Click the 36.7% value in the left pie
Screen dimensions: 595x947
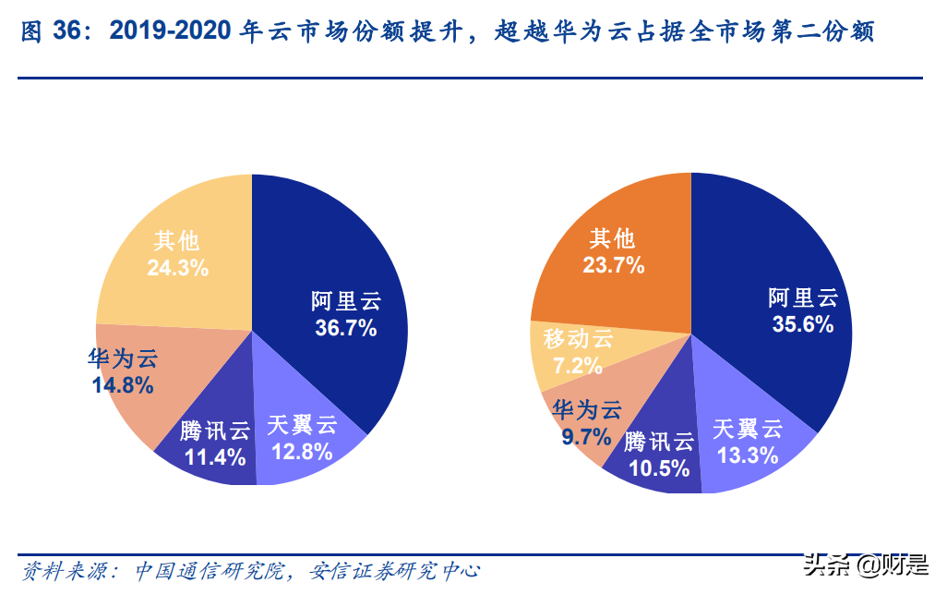pyautogui.click(x=344, y=328)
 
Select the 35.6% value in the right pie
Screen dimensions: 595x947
pyautogui.click(x=802, y=324)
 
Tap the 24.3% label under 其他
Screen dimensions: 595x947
pyautogui.click(x=178, y=268)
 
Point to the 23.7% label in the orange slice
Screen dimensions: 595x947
pyautogui.click(x=613, y=266)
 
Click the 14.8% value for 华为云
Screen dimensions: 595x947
pyautogui.click(x=123, y=383)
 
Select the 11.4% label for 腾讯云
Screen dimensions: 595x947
pyautogui.click(x=215, y=456)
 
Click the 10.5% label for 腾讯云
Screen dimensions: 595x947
pyautogui.click(x=660, y=467)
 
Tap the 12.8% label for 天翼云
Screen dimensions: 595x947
pyautogui.click(x=301, y=453)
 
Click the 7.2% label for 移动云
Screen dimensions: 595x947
pyautogui.click(x=578, y=366)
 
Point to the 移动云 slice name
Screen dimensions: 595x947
pyautogui.click(x=578, y=339)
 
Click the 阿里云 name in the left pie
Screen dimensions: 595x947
pyautogui.click(x=345, y=301)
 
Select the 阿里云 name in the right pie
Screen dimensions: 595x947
pyautogui.click(x=802, y=297)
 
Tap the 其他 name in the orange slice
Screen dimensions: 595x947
pyautogui.click(x=613, y=238)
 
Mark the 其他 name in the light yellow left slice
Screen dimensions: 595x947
pyautogui.click(x=177, y=241)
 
